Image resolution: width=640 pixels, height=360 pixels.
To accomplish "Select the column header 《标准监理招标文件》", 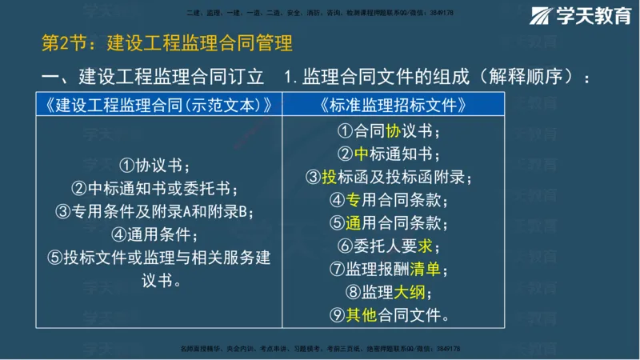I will (392, 105).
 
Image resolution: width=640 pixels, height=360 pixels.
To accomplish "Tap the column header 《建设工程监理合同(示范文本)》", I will (159, 105).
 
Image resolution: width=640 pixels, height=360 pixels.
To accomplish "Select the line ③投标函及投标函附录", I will (392, 177).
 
